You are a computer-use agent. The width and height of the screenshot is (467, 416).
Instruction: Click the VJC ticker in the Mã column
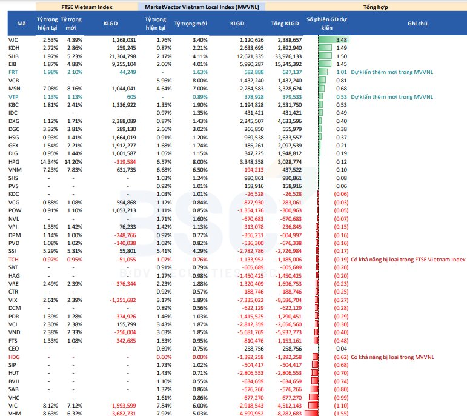point(13,40)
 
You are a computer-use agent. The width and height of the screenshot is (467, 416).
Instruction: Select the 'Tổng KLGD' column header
point(285,24)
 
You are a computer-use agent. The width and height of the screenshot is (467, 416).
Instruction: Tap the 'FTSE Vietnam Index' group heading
point(87,7)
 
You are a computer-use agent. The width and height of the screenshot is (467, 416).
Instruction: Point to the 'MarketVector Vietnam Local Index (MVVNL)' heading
point(202,7)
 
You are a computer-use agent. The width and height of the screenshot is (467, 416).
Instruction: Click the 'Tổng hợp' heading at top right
point(376,7)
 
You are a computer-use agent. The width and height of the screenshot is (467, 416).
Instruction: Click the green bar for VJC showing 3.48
point(334,39)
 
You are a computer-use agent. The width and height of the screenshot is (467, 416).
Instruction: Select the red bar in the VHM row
point(311,414)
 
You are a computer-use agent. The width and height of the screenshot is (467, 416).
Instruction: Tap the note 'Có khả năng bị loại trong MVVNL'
point(392,357)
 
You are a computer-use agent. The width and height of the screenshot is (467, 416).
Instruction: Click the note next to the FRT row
point(392,72)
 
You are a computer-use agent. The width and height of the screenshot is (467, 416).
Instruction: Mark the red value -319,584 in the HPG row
point(125,162)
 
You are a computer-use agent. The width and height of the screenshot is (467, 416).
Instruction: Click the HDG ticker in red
point(14,357)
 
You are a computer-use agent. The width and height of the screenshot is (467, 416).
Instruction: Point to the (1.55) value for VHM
point(341,414)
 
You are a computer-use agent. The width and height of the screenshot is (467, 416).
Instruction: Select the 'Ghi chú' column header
point(417,24)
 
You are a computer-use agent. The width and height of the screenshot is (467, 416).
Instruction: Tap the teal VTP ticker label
point(13,97)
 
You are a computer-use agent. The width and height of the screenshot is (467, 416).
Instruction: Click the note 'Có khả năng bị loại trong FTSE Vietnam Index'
point(408,260)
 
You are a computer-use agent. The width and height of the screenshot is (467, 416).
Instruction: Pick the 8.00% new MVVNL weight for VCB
point(200,81)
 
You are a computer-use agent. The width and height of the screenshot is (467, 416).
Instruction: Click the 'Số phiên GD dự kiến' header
point(326,24)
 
